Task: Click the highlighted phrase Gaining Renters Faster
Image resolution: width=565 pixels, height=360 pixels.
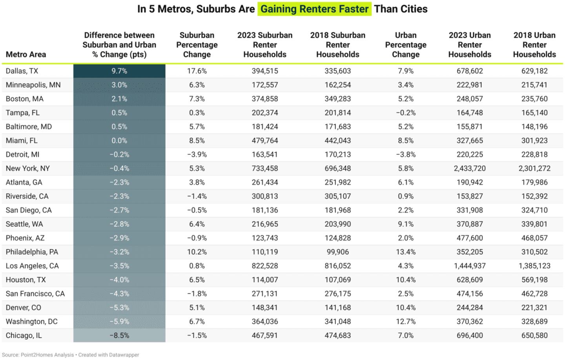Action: (x=314, y=9)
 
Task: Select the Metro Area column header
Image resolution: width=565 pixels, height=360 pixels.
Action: (x=26, y=55)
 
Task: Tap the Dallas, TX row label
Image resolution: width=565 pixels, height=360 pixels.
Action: (x=22, y=71)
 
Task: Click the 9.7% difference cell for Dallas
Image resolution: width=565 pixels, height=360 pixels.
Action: (x=119, y=71)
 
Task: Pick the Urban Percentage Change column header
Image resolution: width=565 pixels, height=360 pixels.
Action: (x=406, y=45)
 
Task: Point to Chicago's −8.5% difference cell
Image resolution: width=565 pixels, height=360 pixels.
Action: (x=119, y=336)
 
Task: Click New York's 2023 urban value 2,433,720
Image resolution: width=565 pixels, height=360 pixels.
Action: (x=470, y=168)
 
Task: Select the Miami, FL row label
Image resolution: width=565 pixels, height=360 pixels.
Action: (x=22, y=141)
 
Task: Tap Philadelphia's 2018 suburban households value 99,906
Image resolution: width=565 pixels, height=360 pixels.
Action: (x=337, y=252)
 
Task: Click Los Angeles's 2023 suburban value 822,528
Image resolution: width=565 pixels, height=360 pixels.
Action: (x=265, y=266)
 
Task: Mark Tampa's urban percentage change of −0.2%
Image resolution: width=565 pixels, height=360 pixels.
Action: (x=406, y=113)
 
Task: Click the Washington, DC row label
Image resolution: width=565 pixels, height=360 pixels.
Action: (x=31, y=322)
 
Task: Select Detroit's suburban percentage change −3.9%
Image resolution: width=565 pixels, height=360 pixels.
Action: (x=197, y=155)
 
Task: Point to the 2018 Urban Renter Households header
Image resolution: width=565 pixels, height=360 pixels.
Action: (x=534, y=45)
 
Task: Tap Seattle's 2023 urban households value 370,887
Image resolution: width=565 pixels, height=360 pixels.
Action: (x=470, y=224)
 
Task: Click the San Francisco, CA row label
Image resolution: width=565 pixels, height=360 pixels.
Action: (x=35, y=294)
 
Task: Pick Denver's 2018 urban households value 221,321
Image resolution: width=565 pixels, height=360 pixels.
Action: (x=534, y=308)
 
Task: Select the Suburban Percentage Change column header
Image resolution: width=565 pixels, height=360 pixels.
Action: (x=197, y=45)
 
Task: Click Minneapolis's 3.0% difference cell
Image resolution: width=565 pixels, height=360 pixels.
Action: (x=119, y=85)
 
